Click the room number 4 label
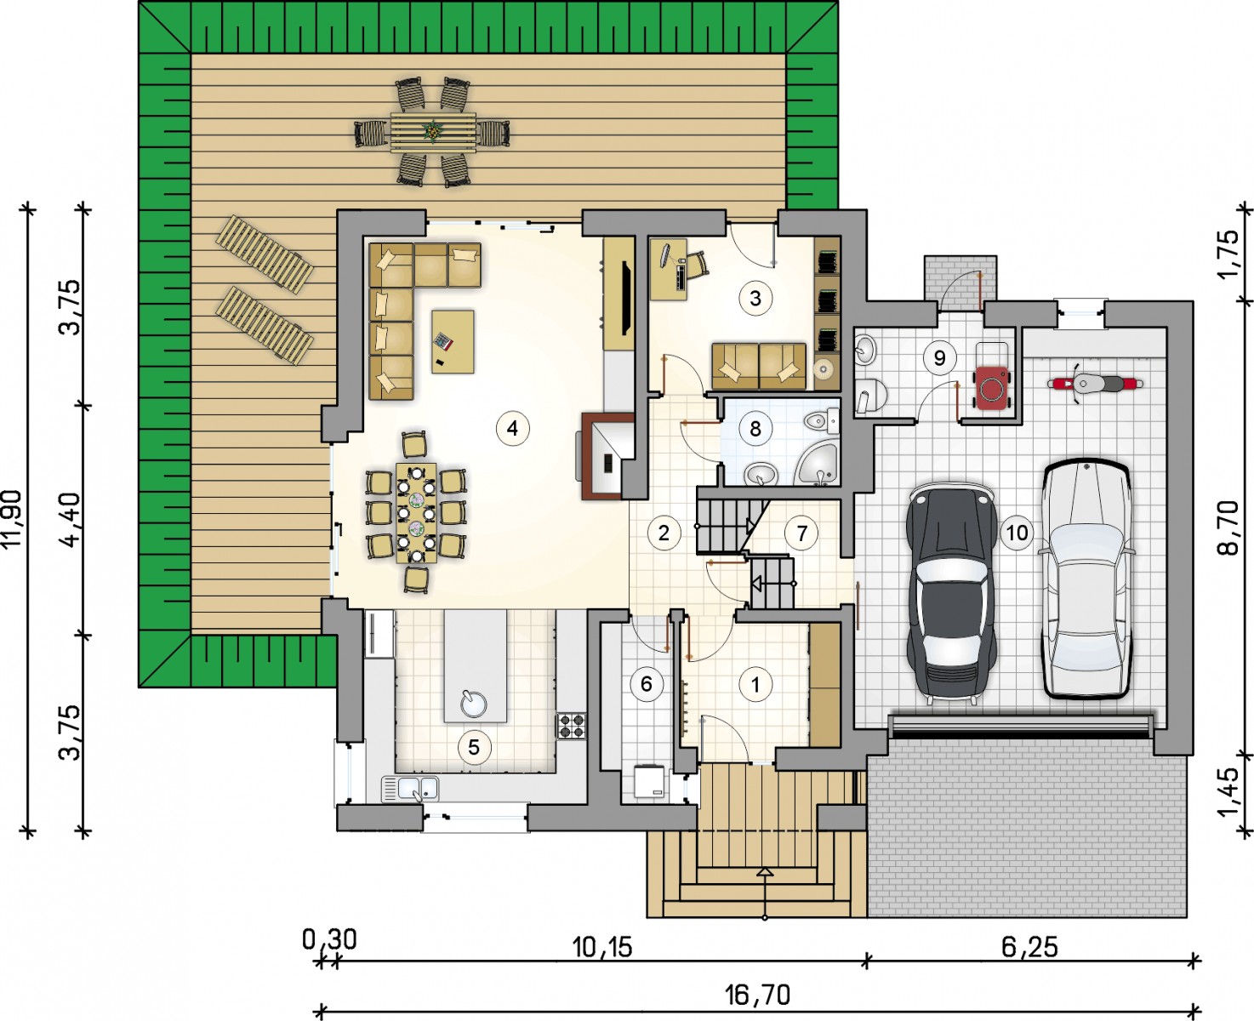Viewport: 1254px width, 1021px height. [x=512, y=428]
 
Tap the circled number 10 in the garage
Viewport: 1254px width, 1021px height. [x=1017, y=533]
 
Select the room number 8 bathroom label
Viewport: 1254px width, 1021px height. [x=755, y=429]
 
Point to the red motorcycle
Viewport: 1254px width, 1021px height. [x=1094, y=384]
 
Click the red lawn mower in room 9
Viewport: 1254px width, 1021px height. [x=993, y=387]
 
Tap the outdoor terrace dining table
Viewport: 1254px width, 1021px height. [x=433, y=132]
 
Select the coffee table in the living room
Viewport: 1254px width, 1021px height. [x=453, y=341]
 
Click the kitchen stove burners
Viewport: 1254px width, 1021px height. [x=571, y=726]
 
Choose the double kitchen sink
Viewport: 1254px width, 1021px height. [x=410, y=789]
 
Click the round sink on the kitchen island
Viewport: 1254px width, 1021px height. [x=473, y=704]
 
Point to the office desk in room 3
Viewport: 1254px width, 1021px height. [x=669, y=269]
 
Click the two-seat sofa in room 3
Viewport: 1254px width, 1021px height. [x=759, y=366]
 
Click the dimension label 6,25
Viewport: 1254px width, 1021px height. [x=1029, y=947]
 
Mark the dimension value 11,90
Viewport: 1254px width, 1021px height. [x=13, y=519]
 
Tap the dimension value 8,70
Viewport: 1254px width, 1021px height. [x=1228, y=528]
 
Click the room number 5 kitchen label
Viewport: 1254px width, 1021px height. [x=473, y=747]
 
